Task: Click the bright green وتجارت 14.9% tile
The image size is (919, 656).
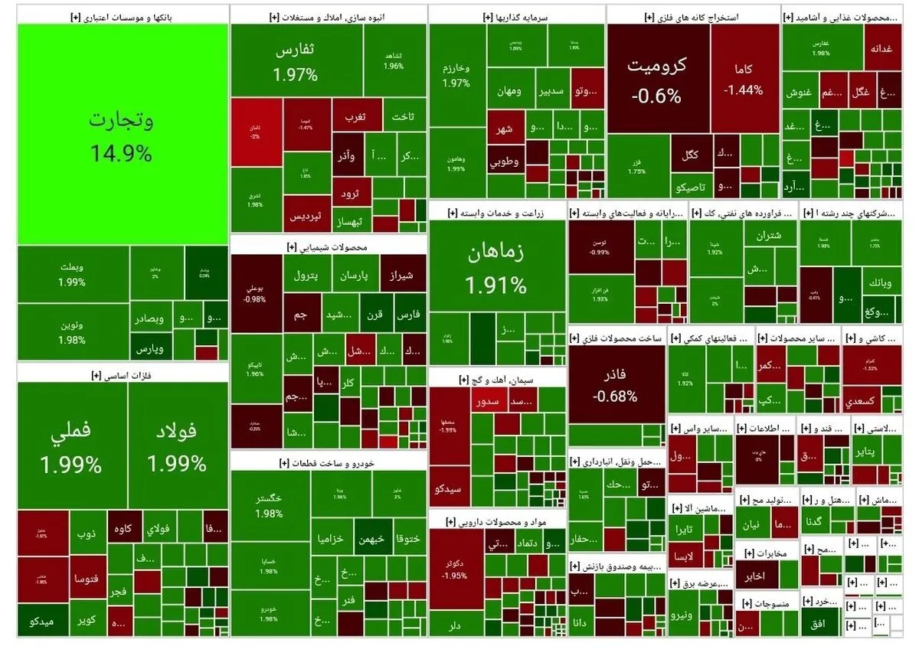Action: tap(123, 134)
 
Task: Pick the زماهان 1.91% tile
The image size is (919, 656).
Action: tap(497, 268)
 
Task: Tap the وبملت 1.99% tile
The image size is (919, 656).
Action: tap(72, 274)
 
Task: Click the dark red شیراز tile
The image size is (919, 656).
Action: tap(403, 274)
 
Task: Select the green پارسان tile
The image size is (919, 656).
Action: tap(354, 274)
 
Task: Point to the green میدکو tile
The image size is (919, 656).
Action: tap(42, 621)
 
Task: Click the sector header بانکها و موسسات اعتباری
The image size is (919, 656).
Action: tap(123, 15)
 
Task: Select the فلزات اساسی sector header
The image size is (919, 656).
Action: tap(123, 374)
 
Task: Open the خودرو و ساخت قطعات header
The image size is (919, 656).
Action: tap(328, 462)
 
